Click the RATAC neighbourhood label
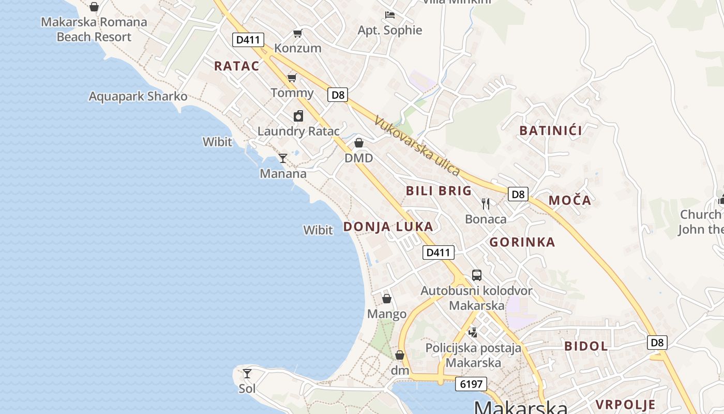pyautogui.click(x=236, y=66)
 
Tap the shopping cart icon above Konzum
pyautogui.click(x=297, y=34)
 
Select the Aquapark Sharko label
pyautogui.click(x=138, y=97)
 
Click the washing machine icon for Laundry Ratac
pyautogui.click(x=298, y=116)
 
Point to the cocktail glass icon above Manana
pyautogui.click(x=283, y=158)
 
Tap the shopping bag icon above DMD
pyautogui.click(x=359, y=143)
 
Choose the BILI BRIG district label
pyautogui.click(x=439, y=191)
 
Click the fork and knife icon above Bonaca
pyautogui.click(x=486, y=204)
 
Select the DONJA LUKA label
pyautogui.click(x=388, y=227)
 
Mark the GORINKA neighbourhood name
pyautogui.click(x=522, y=242)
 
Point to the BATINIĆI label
pyautogui.click(x=551, y=130)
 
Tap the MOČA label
pyautogui.click(x=569, y=200)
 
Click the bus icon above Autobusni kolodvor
pyautogui.click(x=477, y=275)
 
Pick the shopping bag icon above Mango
pyautogui.click(x=387, y=299)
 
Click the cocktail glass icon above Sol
pyautogui.click(x=248, y=373)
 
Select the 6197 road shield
pyautogui.click(x=471, y=384)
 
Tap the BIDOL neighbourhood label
pyautogui.click(x=586, y=346)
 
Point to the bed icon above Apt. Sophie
pyautogui.click(x=390, y=15)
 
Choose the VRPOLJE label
pyautogui.click(x=625, y=405)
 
